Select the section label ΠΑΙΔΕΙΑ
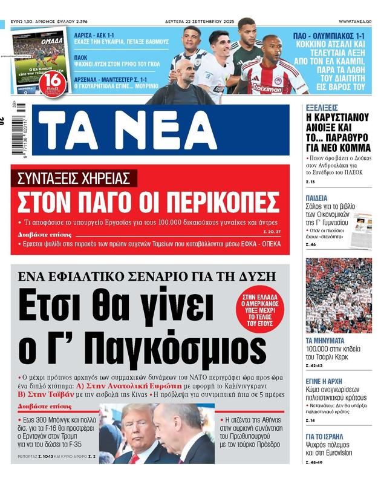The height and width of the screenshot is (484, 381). (x=317, y=198)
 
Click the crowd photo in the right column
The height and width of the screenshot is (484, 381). (x=338, y=295)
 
